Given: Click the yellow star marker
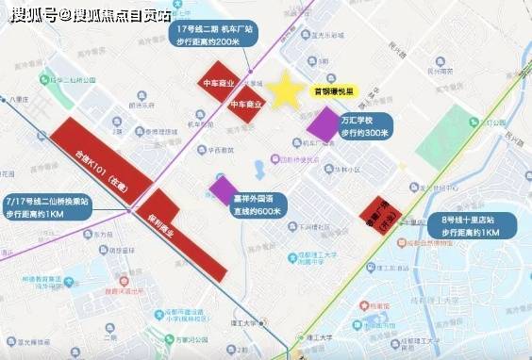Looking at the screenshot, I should click(x=284, y=90).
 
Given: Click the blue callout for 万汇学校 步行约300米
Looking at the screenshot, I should click(x=364, y=125).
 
